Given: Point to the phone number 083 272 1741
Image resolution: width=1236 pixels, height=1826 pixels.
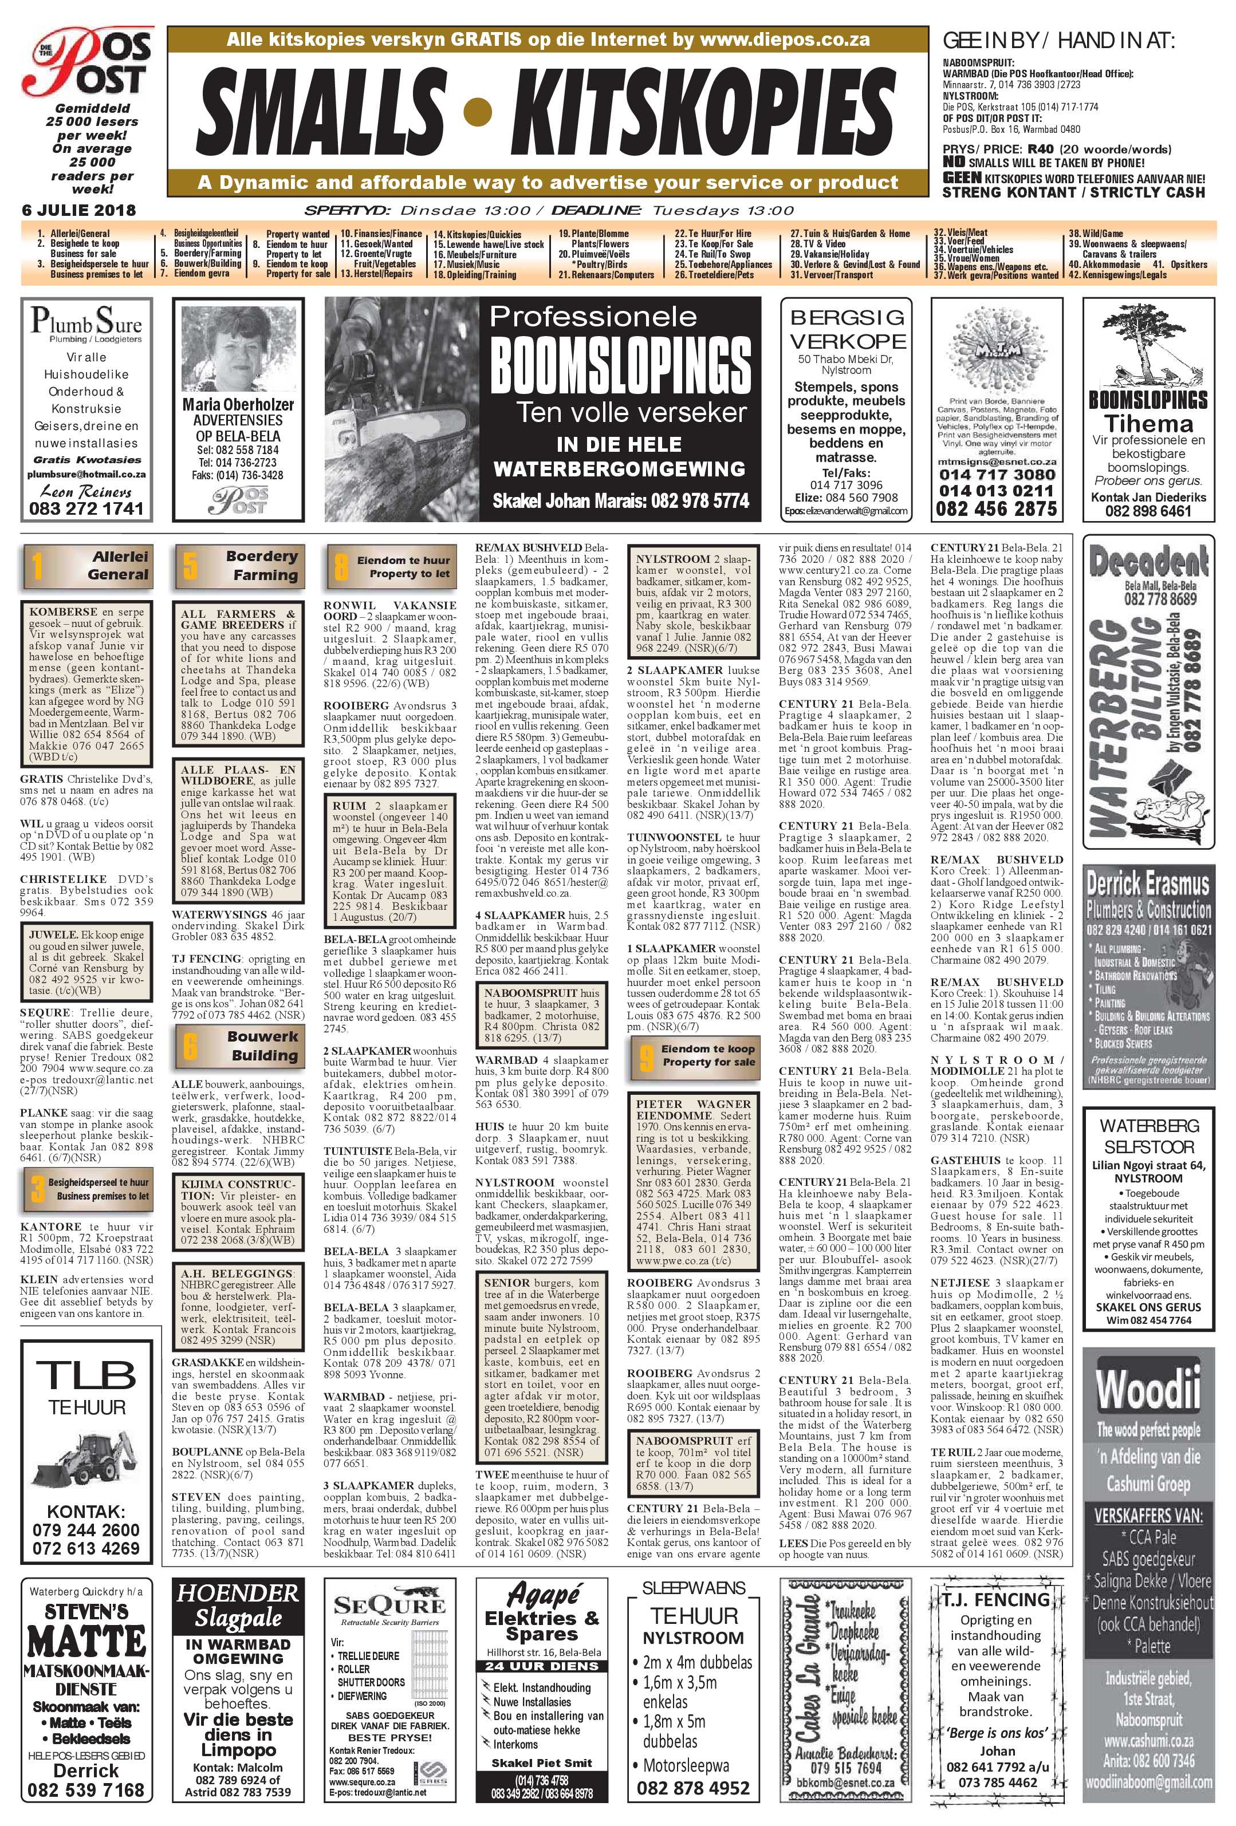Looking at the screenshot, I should [x=86, y=508].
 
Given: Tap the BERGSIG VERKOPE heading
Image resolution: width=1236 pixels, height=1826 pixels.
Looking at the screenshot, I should [x=847, y=329].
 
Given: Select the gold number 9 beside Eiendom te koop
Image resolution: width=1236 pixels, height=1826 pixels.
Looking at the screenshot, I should [x=646, y=1056].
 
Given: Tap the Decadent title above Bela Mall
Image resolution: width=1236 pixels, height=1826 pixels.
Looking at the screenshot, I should [x=1147, y=561].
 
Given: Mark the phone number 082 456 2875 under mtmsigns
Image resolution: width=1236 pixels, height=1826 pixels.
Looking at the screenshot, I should [x=997, y=508].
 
